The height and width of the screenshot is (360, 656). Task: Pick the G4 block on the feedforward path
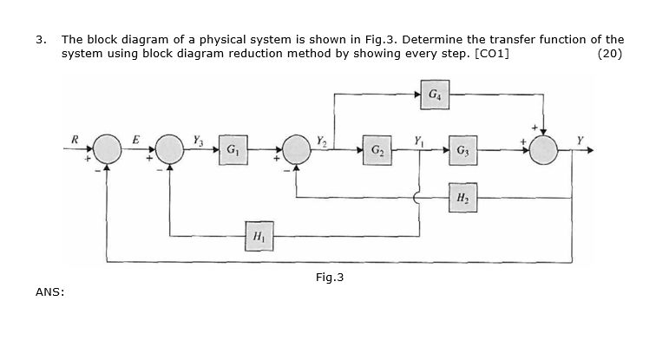[x=434, y=92]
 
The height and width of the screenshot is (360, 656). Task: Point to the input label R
[x=75, y=136]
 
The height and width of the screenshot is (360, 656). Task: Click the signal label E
[x=135, y=136]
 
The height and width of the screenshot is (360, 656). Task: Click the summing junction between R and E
[x=108, y=149]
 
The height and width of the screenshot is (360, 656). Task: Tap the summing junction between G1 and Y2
[x=296, y=149]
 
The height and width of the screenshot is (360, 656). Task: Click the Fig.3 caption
[x=329, y=278]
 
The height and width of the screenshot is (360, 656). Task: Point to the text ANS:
[x=49, y=292]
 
